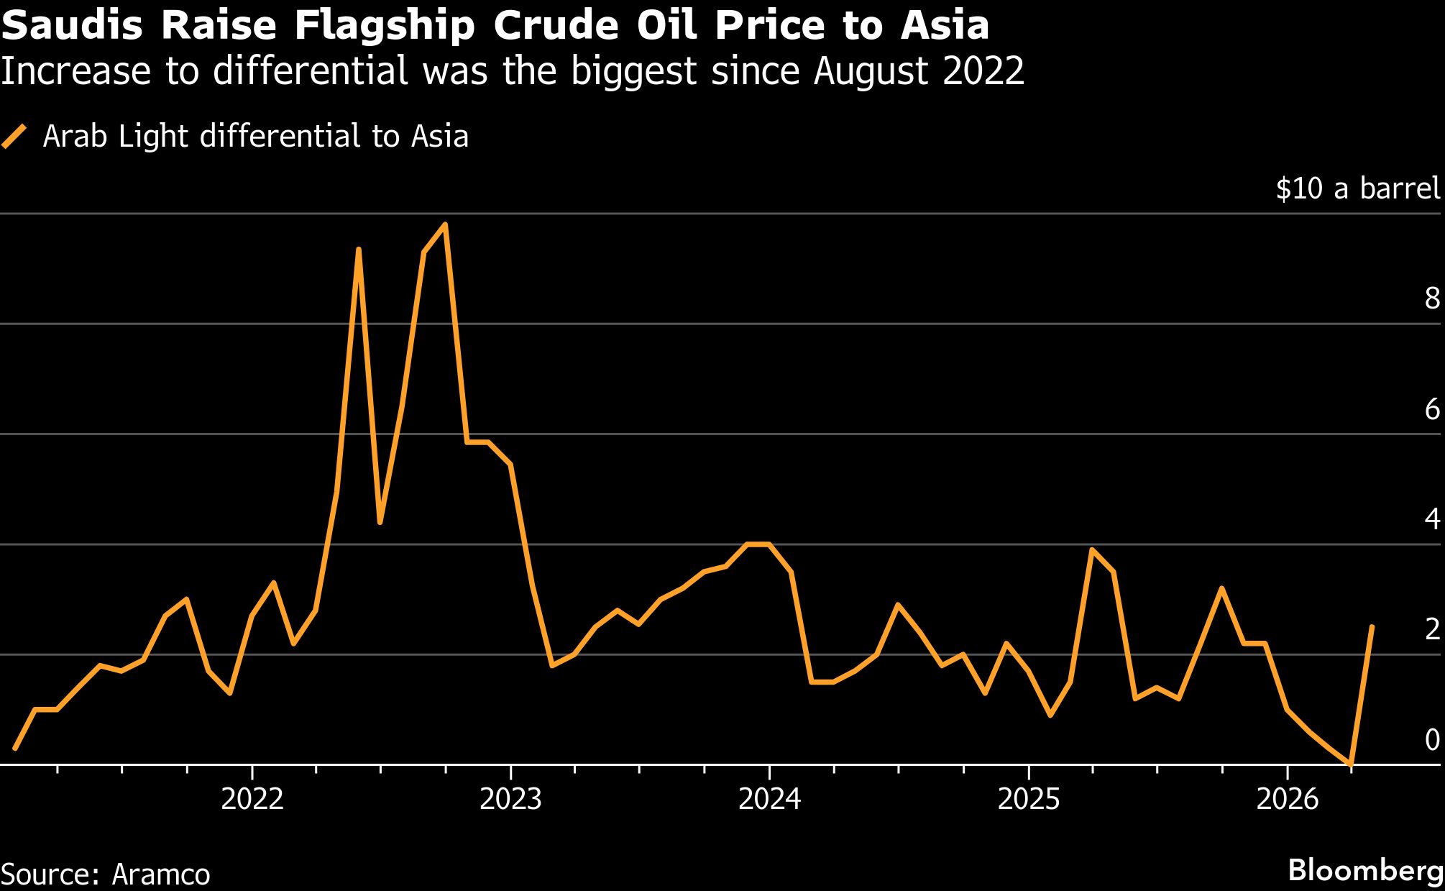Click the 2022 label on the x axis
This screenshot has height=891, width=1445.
[x=252, y=800]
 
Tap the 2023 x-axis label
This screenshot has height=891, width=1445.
[x=510, y=800]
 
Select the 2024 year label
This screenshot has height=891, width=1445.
[x=769, y=800]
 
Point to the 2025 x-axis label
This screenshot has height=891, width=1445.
[x=1028, y=800]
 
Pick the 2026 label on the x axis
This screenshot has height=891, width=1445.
[x=1287, y=800]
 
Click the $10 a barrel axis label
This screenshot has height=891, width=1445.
[x=1357, y=188]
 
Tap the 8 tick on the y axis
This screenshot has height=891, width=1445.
[x=1431, y=299]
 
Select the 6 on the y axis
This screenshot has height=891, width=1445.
[x=1431, y=410]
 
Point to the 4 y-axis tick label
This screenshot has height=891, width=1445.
[x=1431, y=520]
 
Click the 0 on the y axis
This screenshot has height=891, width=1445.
[x=1431, y=740]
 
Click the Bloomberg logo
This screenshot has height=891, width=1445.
[x=1365, y=871]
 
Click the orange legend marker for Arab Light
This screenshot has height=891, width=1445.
[x=14, y=136]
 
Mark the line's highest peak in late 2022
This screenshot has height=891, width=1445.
[x=446, y=224]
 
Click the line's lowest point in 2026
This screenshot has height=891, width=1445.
[x=1352, y=764]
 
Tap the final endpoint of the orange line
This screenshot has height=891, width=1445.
[x=1372, y=626]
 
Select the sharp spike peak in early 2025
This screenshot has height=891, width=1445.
[x=1091, y=550]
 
